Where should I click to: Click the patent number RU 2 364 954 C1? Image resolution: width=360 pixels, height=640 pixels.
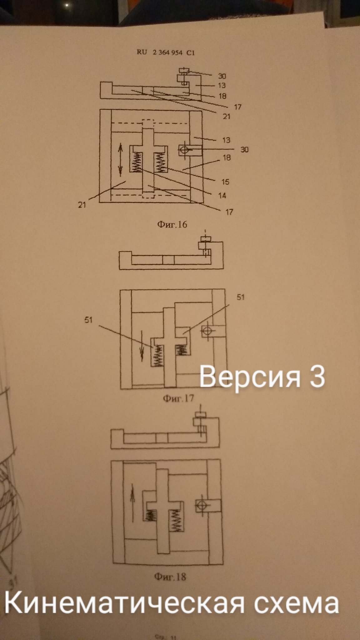[x=165, y=52]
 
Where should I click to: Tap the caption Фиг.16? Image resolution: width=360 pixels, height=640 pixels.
[x=172, y=224]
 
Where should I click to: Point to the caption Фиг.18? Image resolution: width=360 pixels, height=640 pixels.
[x=170, y=576]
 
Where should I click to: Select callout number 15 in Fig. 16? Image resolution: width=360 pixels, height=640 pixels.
[x=225, y=182]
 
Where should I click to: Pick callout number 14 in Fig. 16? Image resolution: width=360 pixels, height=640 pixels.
[x=222, y=196]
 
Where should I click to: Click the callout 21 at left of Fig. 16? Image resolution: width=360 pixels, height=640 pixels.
[x=82, y=205]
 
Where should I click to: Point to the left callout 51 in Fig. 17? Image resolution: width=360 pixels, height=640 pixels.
[x=88, y=320]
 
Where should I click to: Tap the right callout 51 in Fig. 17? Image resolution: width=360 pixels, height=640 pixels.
[x=240, y=297]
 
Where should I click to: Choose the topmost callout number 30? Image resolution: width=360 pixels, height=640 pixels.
[x=222, y=76]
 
